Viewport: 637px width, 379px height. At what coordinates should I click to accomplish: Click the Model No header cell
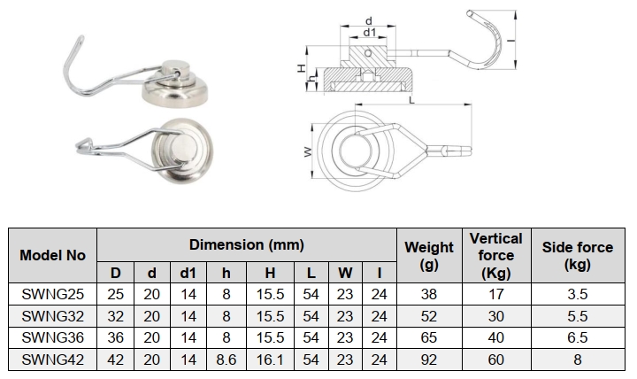click(52, 255)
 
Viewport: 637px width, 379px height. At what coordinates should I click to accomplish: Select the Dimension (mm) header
click(247, 244)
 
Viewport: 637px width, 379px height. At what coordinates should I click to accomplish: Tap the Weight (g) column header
click(429, 255)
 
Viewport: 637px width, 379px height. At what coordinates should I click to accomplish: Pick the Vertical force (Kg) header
click(496, 255)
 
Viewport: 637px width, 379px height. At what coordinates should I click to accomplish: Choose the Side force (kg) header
click(578, 255)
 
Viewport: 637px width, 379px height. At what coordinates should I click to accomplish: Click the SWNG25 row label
click(52, 294)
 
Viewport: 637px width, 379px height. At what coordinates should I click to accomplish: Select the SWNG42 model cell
click(52, 360)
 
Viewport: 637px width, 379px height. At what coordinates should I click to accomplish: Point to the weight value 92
click(429, 360)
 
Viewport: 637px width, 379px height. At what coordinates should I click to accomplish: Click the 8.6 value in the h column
click(226, 360)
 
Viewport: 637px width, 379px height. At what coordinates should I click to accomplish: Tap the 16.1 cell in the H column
click(270, 360)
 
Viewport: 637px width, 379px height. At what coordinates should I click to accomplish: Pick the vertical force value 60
click(496, 360)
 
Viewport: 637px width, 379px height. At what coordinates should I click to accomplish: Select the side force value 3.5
click(578, 294)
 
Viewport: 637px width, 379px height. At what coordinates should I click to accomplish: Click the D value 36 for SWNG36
click(115, 337)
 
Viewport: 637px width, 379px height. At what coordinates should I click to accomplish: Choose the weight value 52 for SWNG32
click(429, 316)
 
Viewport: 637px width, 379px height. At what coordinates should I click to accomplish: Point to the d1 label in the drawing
click(369, 32)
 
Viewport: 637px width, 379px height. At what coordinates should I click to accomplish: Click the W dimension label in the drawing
click(308, 151)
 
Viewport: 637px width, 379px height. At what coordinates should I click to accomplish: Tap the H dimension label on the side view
click(301, 68)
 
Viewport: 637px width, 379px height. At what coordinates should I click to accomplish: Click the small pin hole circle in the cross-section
click(368, 53)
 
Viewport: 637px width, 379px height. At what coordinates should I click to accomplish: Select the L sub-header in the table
click(311, 273)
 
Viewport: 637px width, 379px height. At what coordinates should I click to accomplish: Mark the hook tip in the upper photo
click(81, 38)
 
